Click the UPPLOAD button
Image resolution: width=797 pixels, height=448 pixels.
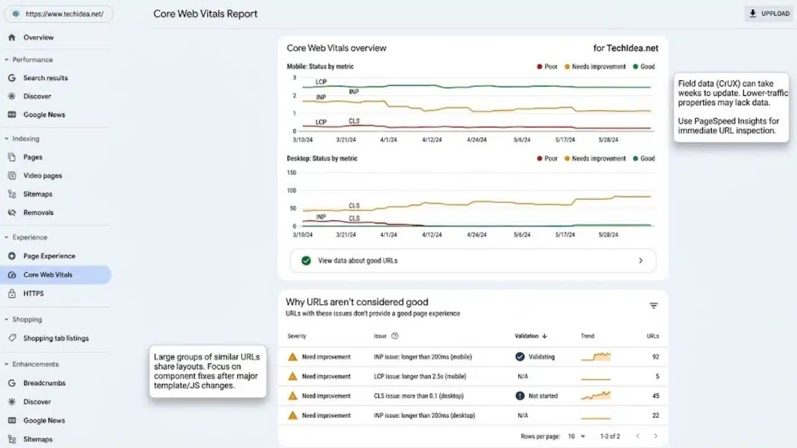(770, 14)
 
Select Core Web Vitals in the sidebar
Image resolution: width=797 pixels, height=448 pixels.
(48, 274)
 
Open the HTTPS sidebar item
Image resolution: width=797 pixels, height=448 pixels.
(34, 293)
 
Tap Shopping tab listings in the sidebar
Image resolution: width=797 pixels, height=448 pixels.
(56, 338)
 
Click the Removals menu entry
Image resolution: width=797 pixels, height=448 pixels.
(38, 212)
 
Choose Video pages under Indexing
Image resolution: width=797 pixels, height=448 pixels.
(42, 175)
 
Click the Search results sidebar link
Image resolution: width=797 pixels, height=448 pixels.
(45, 78)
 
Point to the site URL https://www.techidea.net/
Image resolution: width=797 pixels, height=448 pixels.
(64, 14)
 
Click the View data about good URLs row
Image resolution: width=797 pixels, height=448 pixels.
(473, 261)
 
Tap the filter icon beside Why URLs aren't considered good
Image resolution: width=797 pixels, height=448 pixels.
(654, 306)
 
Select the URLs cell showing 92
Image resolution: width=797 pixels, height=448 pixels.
(656, 357)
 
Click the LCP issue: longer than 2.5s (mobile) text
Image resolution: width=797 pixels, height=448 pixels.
(420, 376)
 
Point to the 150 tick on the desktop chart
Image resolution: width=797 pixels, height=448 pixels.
(291, 172)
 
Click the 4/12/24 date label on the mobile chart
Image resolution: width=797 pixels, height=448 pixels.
(432, 140)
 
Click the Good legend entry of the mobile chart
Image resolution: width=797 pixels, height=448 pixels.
(644, 67)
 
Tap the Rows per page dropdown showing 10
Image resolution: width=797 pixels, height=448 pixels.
(577, 436)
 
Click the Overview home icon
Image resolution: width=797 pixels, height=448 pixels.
(12, 37)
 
